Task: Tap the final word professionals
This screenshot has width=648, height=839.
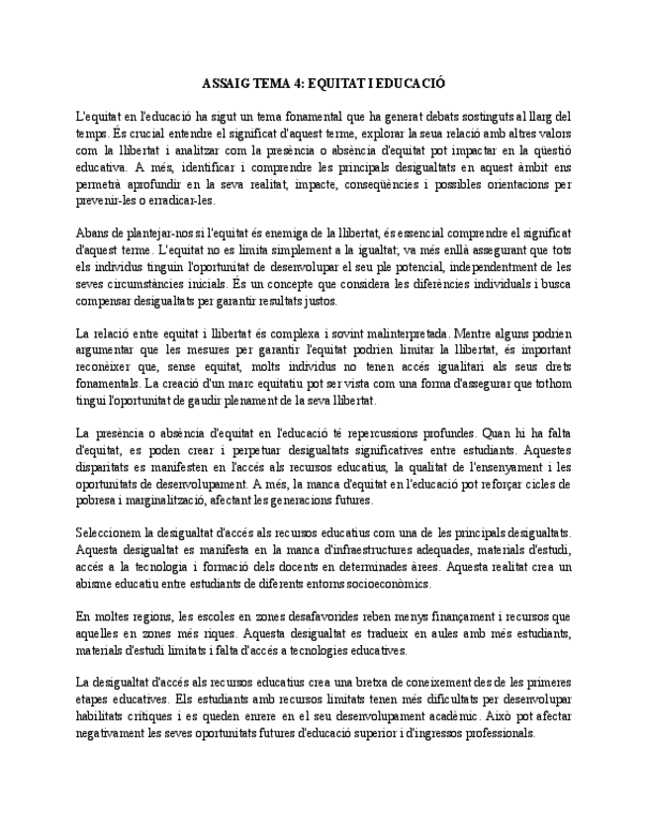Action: pyautogui.click(x=499, y=733)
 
